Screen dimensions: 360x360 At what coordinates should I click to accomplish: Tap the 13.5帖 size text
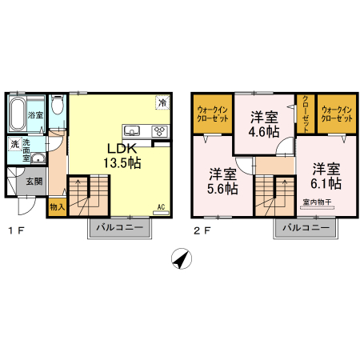pyautogui.click(x=122, y=163)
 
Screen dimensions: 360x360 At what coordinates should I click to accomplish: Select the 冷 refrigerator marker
pyautogui.click(x=162, y=103)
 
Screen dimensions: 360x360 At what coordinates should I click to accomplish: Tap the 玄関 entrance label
pyautogui.click(x=34, y=180)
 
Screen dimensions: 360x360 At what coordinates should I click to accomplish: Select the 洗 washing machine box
pyautogui.click(x=14, y=145)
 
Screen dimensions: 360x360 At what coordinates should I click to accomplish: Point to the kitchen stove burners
pyautogui.click(x=158, y=131)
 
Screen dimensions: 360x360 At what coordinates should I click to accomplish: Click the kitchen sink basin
pyautogui.click(x=133, y=131)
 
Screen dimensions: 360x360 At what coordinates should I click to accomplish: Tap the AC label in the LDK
pyautogui.click(x=161, y=207)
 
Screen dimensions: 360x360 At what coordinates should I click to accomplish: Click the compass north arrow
pyautogui.click(x=182, y=260)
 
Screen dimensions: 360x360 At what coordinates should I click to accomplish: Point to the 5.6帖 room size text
pyautogui.click(x=223, y=189)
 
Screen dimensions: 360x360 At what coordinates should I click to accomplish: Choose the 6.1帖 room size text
pyautogui.click(x=326, y=182)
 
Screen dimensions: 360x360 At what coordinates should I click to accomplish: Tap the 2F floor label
pyautogui.click(x=202, y=232)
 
